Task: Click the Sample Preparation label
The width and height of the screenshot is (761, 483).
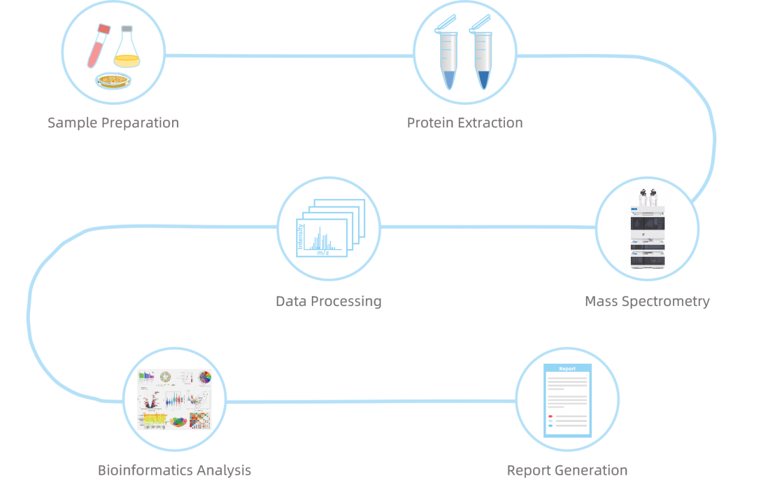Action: click(x=113, y=123)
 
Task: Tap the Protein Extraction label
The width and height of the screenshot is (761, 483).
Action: click(x=465, y=123)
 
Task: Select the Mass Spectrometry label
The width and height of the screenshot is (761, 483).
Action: click(x=647, y=301)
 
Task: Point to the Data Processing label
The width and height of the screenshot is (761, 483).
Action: click(x=329, y=301)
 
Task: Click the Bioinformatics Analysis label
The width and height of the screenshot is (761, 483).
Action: click(x=175, y=470)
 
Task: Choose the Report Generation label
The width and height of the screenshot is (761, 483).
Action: click(x=567, y=470)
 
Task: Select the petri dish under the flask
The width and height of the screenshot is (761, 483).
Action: click(x=113, y=81)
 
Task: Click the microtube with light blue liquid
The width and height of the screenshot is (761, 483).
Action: click(x=449, y=60)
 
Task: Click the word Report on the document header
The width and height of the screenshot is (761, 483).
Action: click(x=567, y=369)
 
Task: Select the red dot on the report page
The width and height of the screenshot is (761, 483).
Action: click(x=550, y=416)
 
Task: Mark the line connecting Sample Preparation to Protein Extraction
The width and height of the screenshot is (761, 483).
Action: click(x=288, y=56)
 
